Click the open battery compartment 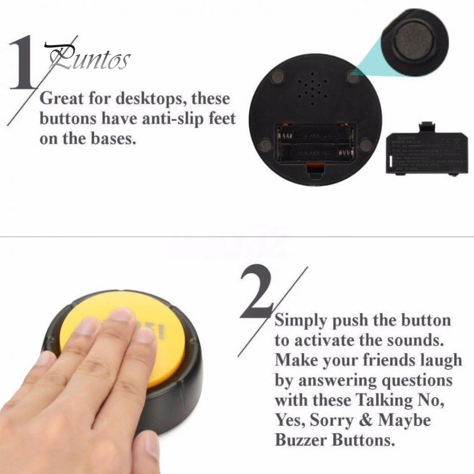coord(316,143)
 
